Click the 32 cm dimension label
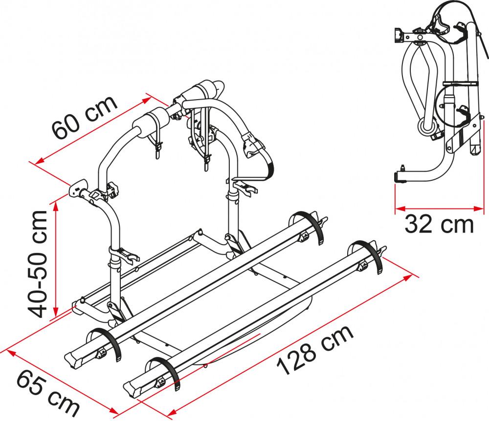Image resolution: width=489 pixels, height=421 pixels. click(x=439, y=225)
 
